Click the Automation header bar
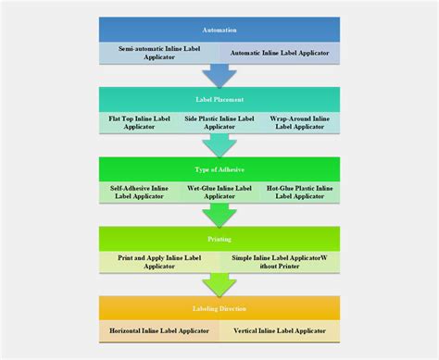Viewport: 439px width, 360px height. coord(219,30)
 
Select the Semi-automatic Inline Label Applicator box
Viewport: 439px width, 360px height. coord(159,53)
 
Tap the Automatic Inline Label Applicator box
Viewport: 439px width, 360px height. coord(279,53)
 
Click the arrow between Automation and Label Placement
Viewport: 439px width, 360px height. coord(219,75)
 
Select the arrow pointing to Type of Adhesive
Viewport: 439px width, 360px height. coord(219,145)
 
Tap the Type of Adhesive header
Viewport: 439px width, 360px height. coord(219,169)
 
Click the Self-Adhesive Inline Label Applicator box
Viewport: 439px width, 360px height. coord(139,192)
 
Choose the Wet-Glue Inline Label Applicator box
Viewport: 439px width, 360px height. coord(219,192)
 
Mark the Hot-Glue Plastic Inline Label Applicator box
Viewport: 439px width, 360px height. coord(300,192)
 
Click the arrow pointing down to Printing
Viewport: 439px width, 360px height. coord(219,215)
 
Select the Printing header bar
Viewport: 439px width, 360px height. coord(219,239)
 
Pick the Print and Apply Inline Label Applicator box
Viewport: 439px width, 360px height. coord(159,262)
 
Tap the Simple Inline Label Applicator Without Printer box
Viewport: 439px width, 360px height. coord(279,262)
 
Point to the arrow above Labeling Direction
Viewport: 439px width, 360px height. coord(219,284)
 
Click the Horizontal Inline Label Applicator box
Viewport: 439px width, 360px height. coord(159,329)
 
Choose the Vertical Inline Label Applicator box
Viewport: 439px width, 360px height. coord(279,329)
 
